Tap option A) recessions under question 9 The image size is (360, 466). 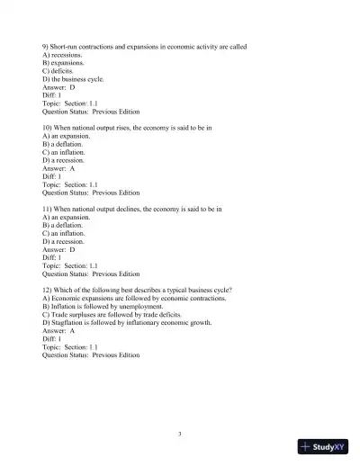[62, 55]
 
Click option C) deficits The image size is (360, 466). [58, 71]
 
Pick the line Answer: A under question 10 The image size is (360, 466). [58, 168]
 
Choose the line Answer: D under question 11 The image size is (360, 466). [58, 249]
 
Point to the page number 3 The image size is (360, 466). [180, 435]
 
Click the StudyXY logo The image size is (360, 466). [323, 447]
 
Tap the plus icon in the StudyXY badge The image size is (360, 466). [307, 447]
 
